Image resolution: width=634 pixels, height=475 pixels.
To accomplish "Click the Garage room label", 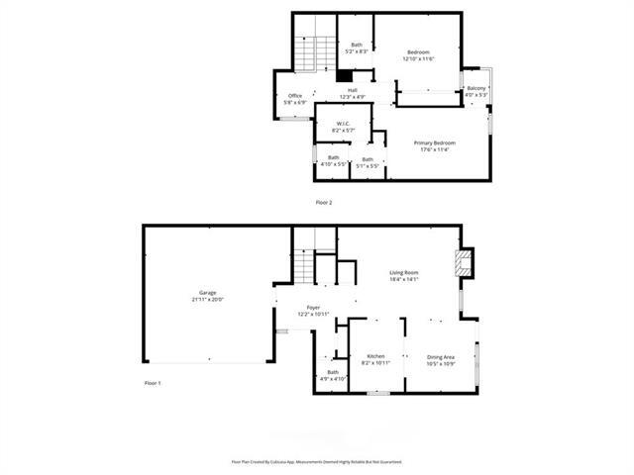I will [207, 293].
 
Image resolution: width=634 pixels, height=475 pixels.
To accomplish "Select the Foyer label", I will [313, 308].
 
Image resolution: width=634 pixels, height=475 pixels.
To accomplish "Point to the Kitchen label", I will [375, 356].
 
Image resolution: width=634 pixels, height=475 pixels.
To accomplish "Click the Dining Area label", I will [441, 356].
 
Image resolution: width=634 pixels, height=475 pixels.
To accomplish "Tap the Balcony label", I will [476, 89].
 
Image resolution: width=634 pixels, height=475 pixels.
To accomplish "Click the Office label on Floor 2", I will [295, 95].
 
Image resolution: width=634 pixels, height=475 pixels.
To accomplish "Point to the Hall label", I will [353, 90].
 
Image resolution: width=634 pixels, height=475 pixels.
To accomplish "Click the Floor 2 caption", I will [324, 202].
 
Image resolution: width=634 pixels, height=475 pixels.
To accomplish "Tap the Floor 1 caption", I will [152, 383].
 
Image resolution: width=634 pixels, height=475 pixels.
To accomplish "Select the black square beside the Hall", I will [344, 75].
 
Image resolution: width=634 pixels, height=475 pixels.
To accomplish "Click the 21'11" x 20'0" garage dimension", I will [207, 299].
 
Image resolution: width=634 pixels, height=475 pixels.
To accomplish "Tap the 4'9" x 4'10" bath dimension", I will [333, 379].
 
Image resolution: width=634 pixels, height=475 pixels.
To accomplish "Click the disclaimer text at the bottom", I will [317, 461].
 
